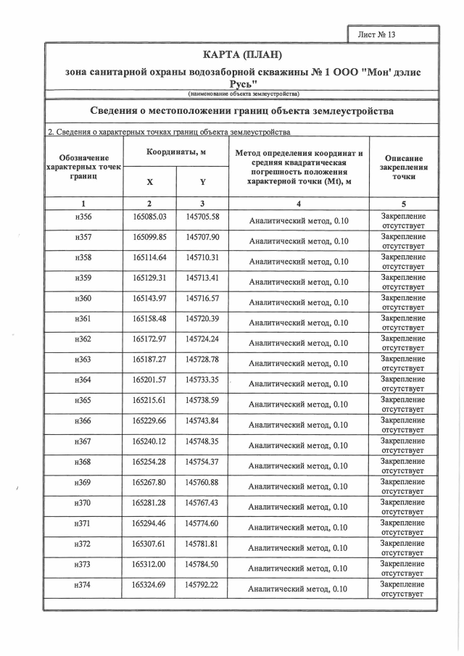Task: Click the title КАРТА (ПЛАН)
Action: click(241, 56)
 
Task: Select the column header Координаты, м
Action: click(176, 152)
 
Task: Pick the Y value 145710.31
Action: click(202, 257)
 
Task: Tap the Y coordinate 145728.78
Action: click(202, 360)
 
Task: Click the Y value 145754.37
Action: click(202, 462)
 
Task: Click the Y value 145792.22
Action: click(202, 584)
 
